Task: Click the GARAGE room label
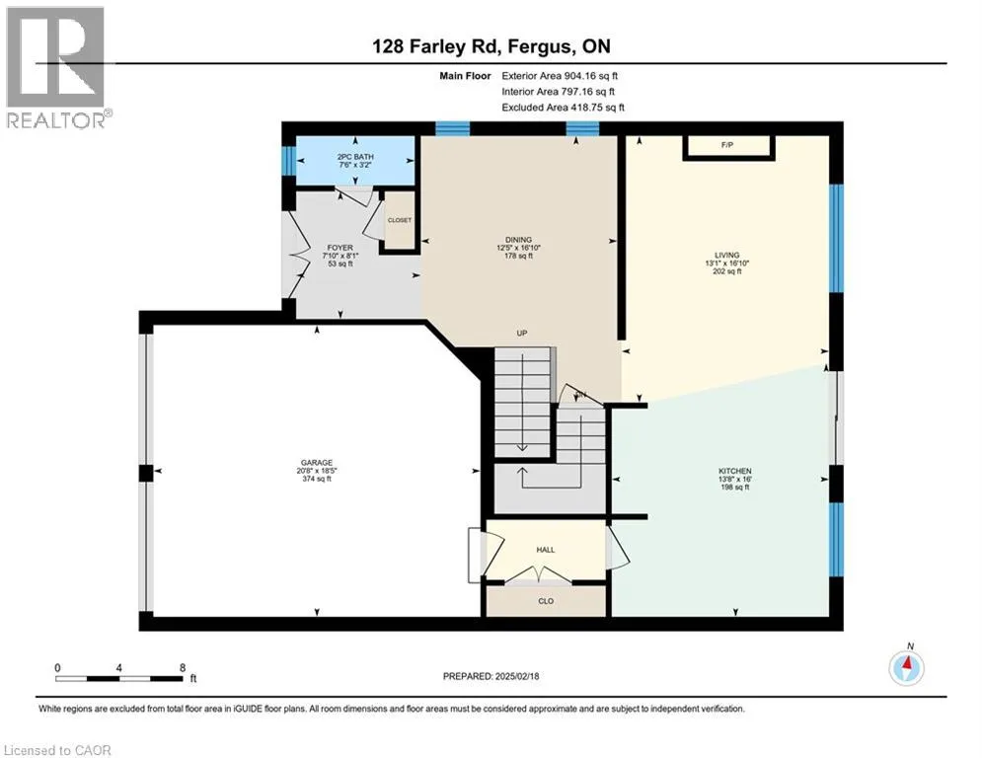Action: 316,463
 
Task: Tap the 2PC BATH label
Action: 355,157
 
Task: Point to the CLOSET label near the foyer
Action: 400,220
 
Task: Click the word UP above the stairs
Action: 522,334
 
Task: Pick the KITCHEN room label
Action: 734,471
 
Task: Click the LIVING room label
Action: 727,255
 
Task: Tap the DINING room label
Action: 518,239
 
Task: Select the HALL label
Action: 546,550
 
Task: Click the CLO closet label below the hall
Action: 546,601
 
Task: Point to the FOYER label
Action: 340,248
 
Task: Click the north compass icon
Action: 906,666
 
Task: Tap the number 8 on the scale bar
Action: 183,668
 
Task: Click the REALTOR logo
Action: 57,68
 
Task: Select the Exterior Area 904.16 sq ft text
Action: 560,76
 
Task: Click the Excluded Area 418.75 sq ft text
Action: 563,108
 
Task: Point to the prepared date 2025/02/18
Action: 517,676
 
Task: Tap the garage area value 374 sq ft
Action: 316,480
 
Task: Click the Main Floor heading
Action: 465,76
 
